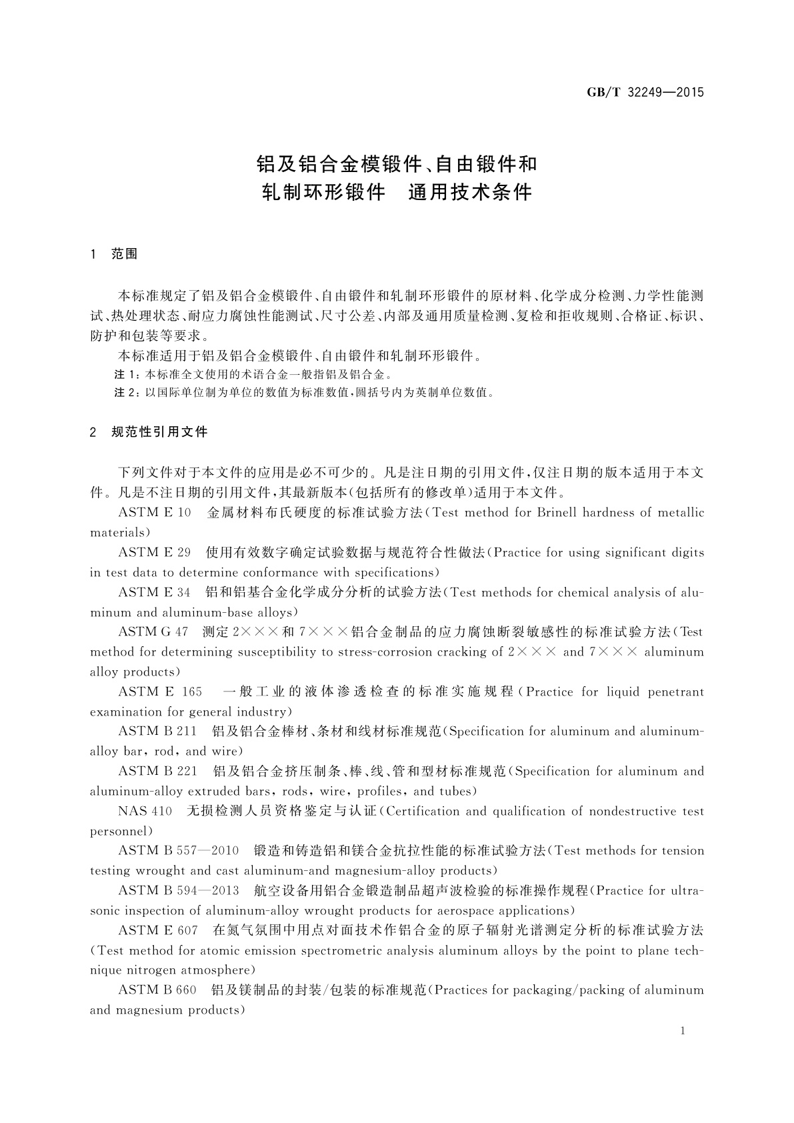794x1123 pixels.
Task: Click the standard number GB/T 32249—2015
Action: coord(645,93)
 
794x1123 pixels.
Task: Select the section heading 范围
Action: coord(125,254)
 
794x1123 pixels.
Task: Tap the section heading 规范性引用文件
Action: coord(160,432)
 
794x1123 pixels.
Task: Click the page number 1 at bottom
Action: coord(683,1031)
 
